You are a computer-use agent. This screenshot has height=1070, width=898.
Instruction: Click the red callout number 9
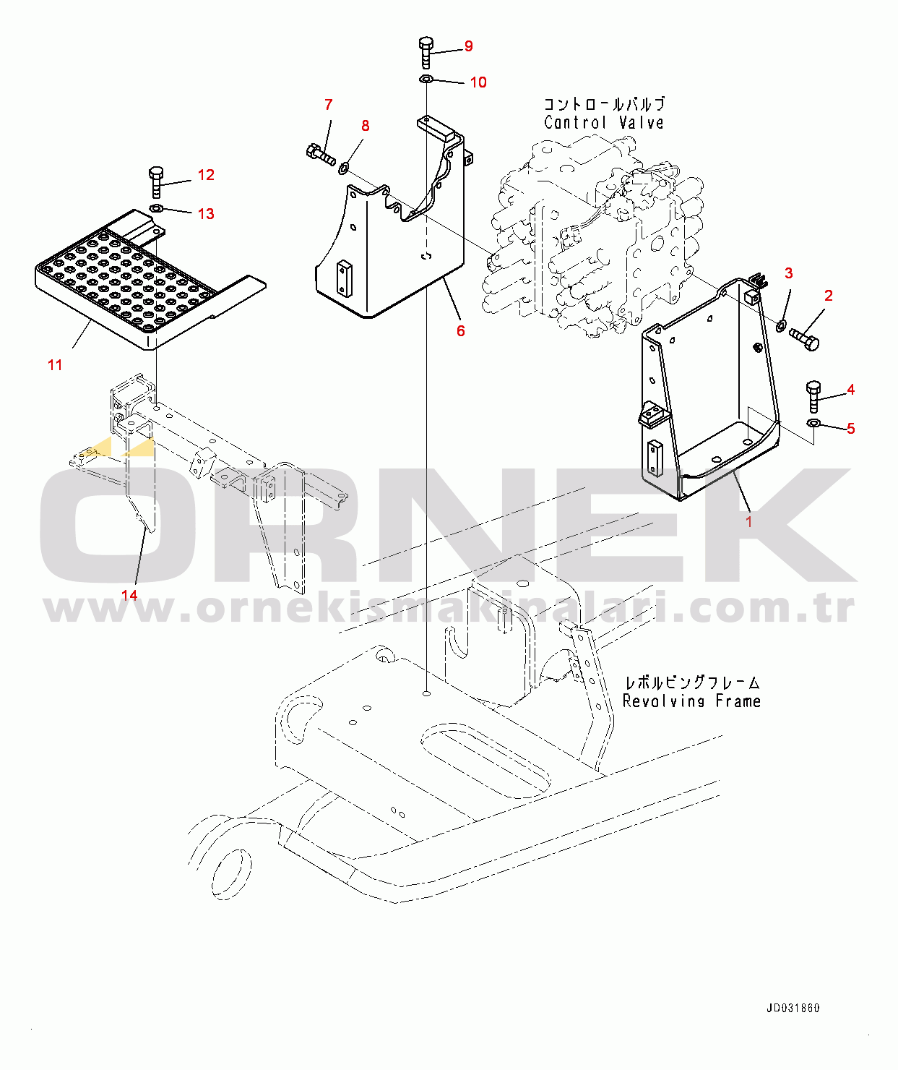[x=468, y=46]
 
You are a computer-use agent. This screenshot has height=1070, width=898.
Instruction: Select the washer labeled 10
[x=426, y=79]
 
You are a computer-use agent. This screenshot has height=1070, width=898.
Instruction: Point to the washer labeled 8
[x=344, y=166]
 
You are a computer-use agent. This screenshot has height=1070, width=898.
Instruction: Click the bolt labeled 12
[x=157, y=182]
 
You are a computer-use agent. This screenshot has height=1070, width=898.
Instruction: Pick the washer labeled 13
[x=156, y=208]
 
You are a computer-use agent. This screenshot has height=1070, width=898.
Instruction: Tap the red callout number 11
[x=55, y=365]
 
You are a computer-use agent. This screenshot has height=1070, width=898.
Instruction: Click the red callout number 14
[x=129, y=594]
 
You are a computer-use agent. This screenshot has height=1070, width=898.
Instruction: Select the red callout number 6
[x=460, y=331]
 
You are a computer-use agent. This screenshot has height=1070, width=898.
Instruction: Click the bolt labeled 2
[x=804, y=339]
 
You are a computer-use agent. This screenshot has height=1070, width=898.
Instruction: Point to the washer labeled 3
[x=782, y=325]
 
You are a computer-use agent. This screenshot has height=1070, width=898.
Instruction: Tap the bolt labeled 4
[x=813, y=397]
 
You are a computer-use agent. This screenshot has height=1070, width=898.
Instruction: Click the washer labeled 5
[x=813, y=423]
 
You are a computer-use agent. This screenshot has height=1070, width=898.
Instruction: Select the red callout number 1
[x=748, y=522]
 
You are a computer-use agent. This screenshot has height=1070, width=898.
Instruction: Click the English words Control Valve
[x=604, y=123]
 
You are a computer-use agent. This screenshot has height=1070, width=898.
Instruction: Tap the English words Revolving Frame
[x=691, y=701]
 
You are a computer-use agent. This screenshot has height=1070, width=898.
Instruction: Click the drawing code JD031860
[x=793, y=1009]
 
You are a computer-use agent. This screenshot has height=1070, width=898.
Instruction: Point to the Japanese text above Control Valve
[x=604, y=104]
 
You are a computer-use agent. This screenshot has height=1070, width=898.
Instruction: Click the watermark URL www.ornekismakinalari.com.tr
[x=449, y=608]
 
